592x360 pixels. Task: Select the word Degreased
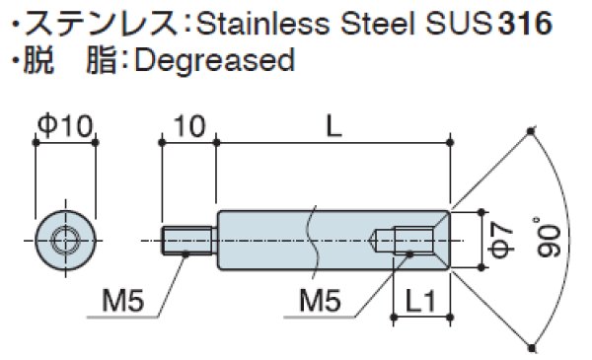[x=213, y=60]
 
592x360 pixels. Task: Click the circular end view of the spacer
[x=65, y=239]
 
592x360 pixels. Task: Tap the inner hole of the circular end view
[x=65, y=239]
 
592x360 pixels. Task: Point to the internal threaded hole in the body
[x=412, y=239]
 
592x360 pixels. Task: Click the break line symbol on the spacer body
[x=311, y=239]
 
